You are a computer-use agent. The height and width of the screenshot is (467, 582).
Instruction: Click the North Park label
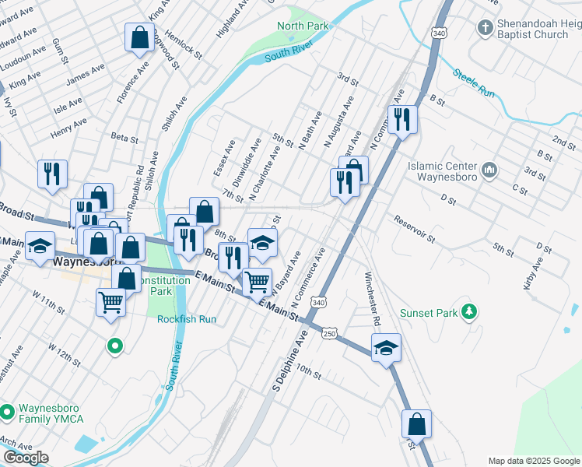(x=303, y=26)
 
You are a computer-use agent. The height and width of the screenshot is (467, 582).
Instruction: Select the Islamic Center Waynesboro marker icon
(x=490, y=169)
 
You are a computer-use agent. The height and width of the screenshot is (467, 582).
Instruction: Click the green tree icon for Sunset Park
(x=468, y=313)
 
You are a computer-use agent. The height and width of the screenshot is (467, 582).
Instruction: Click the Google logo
(x=26, y=458)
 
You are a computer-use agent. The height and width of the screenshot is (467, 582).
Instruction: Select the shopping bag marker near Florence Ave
(x=138, y=37)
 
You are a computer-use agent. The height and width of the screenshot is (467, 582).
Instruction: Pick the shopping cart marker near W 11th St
(x=110, y=300)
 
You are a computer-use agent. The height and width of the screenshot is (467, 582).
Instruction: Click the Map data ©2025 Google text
(x=533, y=460)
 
